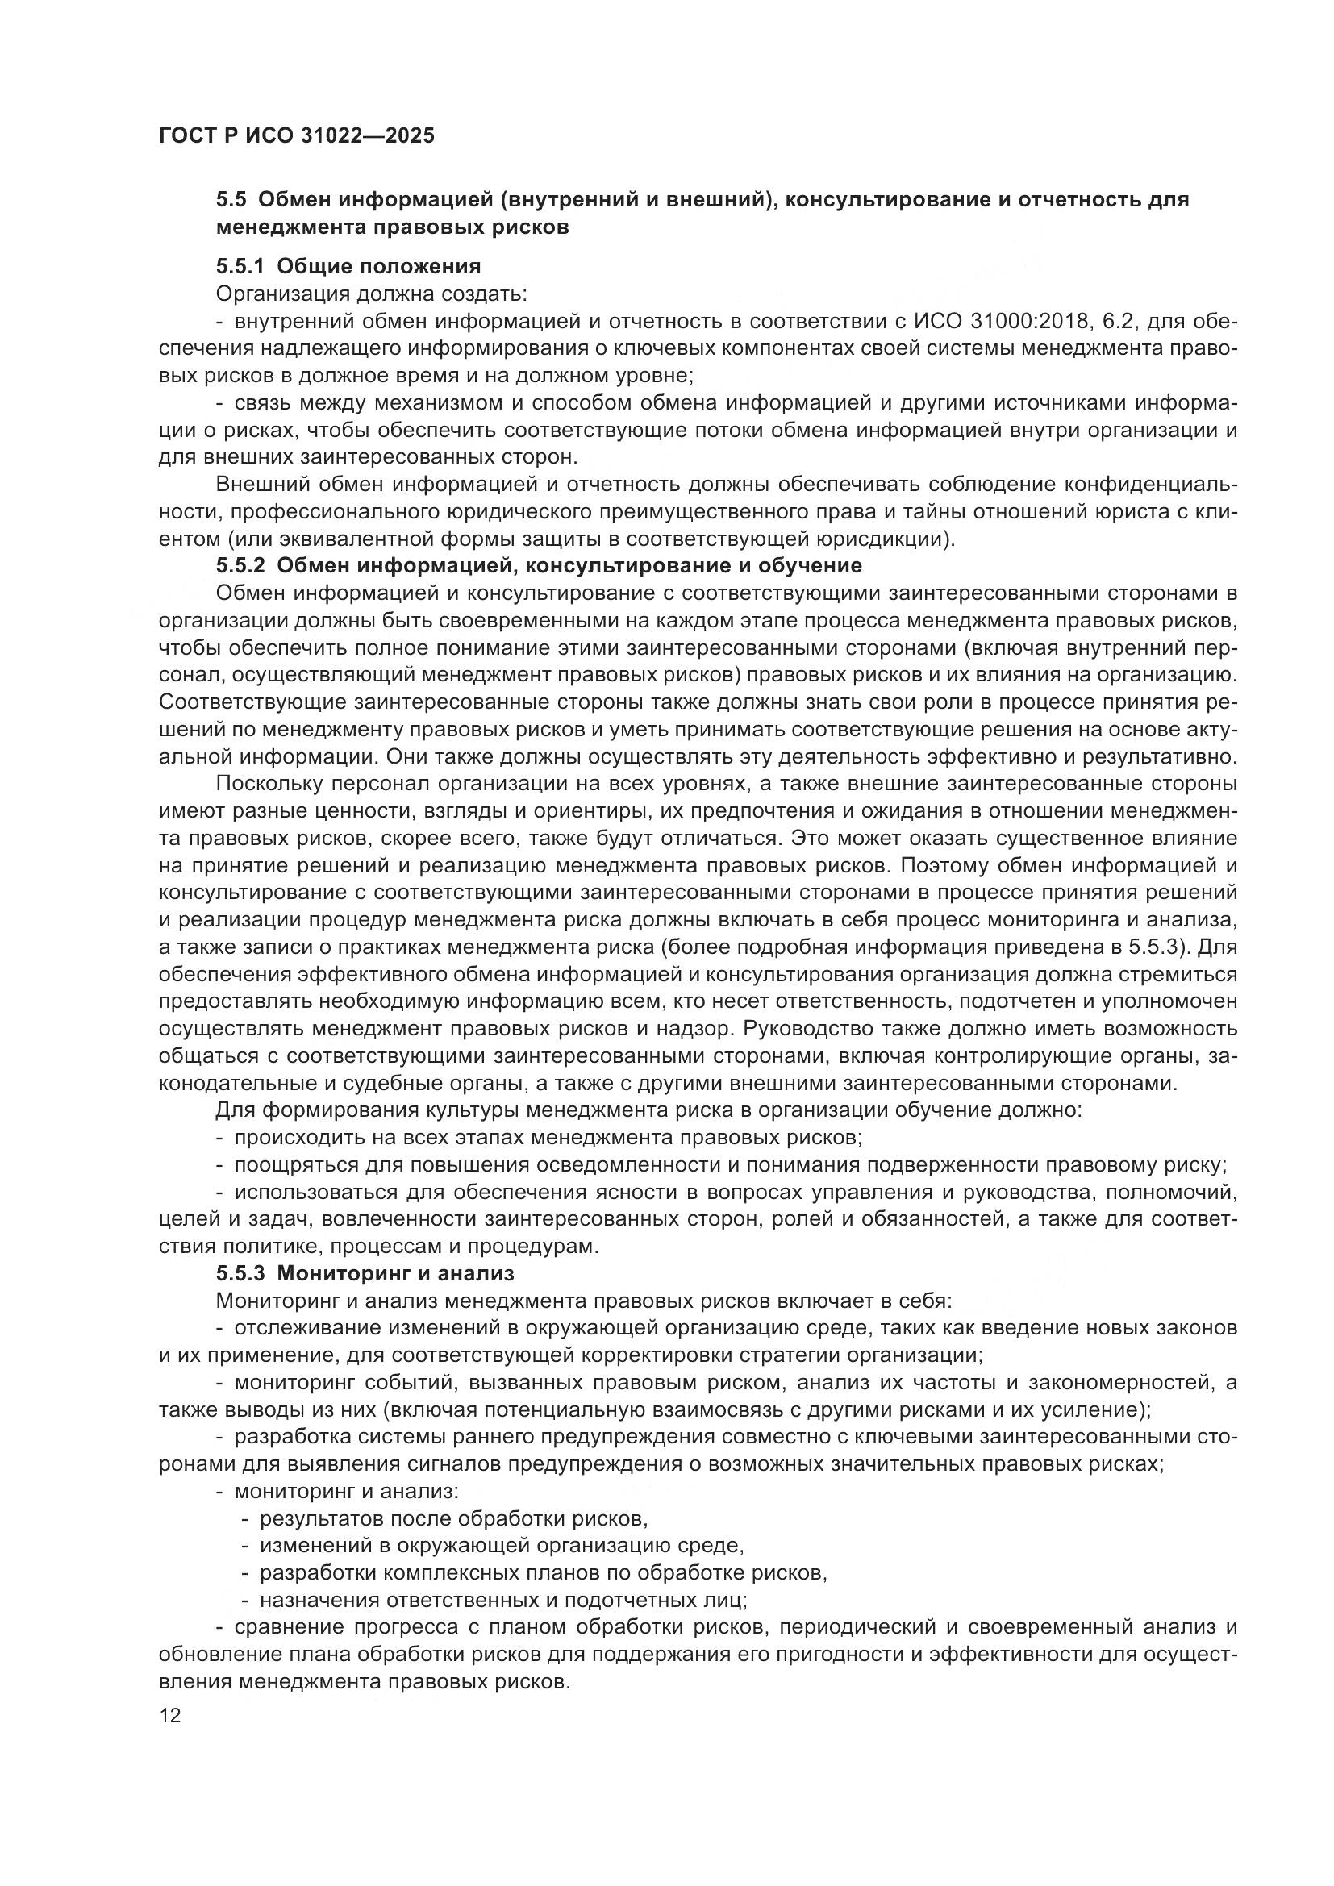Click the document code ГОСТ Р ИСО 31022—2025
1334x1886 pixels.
tap(297, 135)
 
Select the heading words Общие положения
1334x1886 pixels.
tap(379, 266)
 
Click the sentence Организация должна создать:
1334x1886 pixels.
tap(371, 294)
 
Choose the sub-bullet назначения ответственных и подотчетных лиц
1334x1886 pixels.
tap(502, 1601)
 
